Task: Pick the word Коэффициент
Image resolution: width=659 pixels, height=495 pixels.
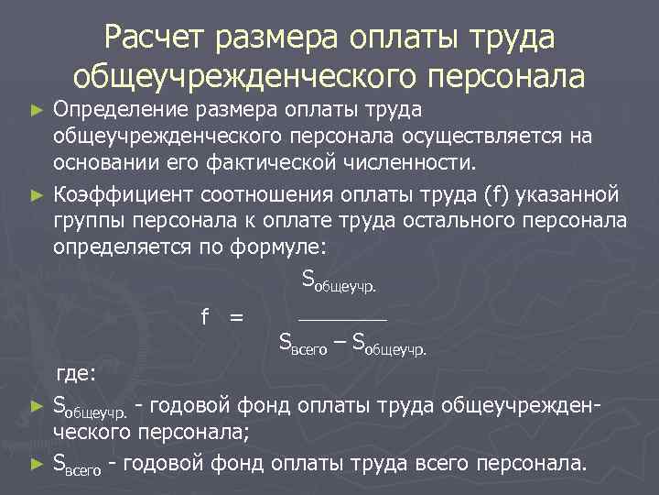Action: point(114,194)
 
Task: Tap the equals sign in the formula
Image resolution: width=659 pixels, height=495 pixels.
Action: point(236,317)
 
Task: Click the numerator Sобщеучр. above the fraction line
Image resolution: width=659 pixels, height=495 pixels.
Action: point(339,280)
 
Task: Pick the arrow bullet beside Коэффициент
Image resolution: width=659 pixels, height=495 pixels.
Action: point(37,195)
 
